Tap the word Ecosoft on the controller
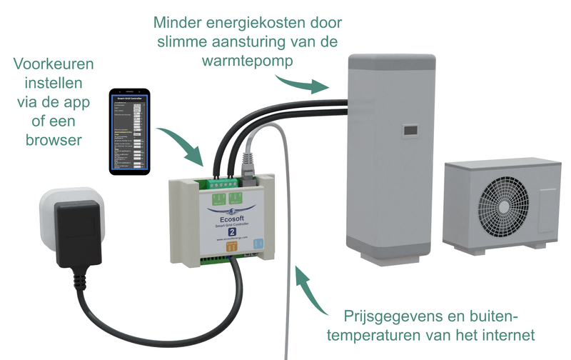[228, 218]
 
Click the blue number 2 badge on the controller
[231, 231]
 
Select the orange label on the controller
[231, 247]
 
